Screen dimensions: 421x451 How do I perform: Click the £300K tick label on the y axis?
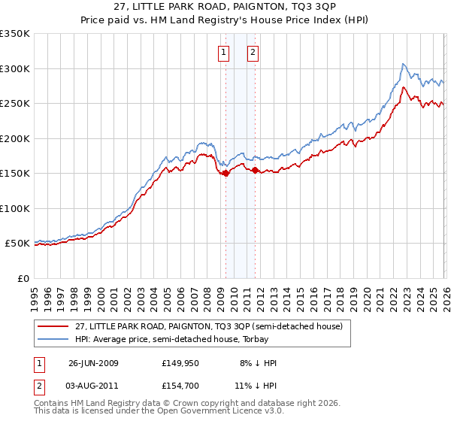point(15,68)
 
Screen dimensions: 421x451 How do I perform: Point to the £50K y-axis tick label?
point(17,244)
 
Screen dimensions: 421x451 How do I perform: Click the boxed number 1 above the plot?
point(224,53)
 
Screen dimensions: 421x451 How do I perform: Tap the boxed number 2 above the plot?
point(253,53)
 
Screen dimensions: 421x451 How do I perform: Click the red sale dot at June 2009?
point(226,173)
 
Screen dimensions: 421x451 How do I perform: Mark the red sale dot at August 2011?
point(255,170)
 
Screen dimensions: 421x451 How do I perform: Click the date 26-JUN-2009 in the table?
point(93,363)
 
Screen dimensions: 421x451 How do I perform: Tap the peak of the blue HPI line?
point(404,64)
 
